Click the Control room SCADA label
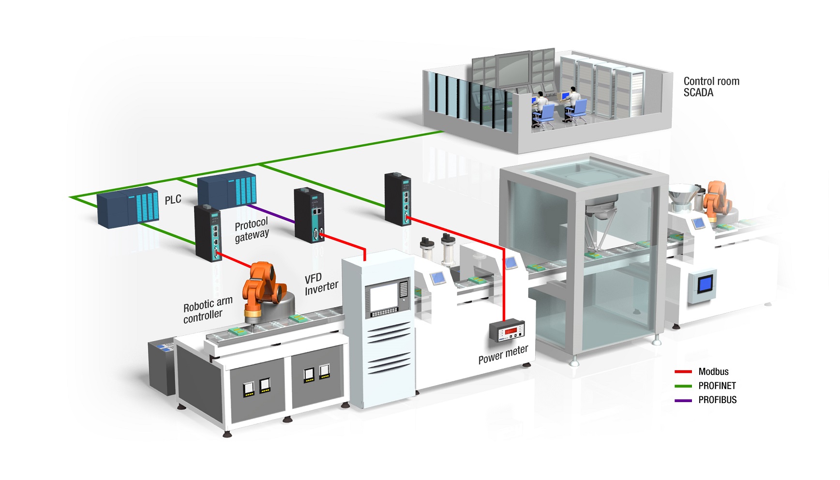(711, 87)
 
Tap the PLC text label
(173, 199)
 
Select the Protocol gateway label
(251, 230)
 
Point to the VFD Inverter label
(321, 284)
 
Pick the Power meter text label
(503, 354)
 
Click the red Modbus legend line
(683, 372)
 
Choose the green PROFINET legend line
(683, 386)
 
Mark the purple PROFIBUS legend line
(683, 400)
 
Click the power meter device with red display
(507, 332)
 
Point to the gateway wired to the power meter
(398, 199)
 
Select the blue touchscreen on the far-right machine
(705, 283)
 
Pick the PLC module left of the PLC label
(128, 207)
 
